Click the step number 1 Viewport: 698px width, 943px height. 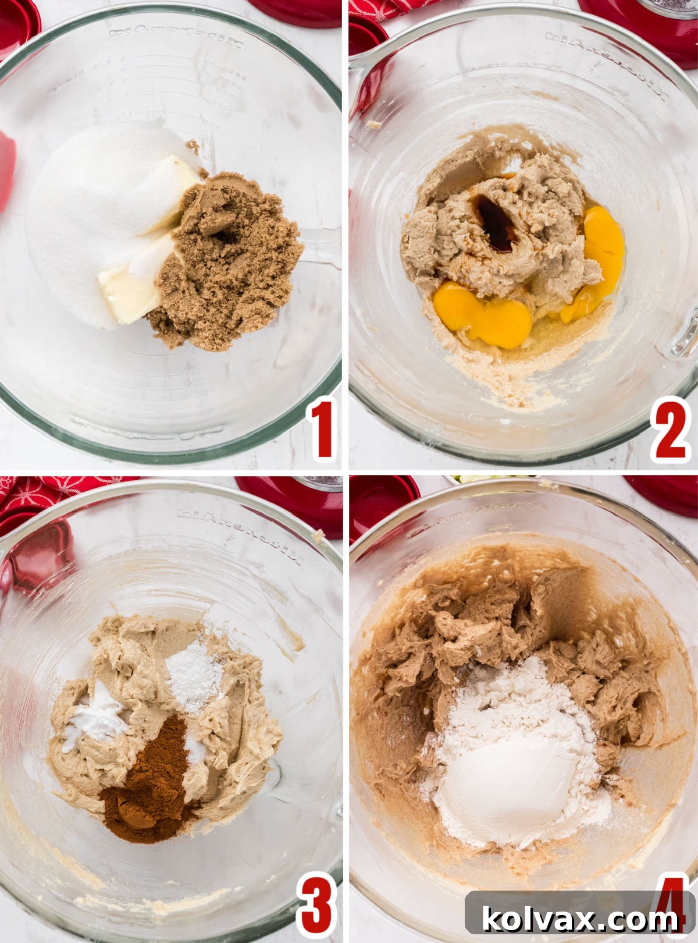click(x=322, y=429)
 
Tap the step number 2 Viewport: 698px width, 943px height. click(x=671, y=430)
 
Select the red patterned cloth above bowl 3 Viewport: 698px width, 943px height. click(x=35, y=495)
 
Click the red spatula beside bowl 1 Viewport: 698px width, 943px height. click(x=6, y=169)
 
